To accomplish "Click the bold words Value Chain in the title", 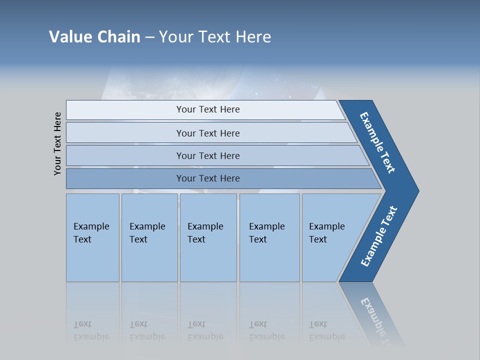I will click(x=94, y=37).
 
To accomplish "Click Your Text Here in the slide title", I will click(x=215, y=37).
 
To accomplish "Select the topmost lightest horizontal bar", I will click(x=125, y=110).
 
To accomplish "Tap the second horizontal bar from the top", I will click(x=125, y=133).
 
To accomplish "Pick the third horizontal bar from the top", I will click(x=125, y=155).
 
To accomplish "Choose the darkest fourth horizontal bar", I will click(x=125, y=178).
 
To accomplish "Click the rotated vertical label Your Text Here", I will click(x=57, y=143).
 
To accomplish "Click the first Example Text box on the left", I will click(x=92, y=237).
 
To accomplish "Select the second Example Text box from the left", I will click(x=149, y=237).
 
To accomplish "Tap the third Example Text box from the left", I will click(x=207, y=237).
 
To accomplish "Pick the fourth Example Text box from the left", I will click(x=269, y=237).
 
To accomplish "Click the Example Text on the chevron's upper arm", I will click(x=377, y=142).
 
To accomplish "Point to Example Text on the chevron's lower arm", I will click(x=379, y=236).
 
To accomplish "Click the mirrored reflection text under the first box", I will click(x=91, y=330).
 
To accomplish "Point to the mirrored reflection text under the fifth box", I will click(x=326, y=330).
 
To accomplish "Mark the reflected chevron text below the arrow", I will click(x=375, y=320).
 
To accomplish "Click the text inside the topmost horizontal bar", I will click(x=208, y=109).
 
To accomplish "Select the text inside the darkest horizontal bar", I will click(x=208, y=178).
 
